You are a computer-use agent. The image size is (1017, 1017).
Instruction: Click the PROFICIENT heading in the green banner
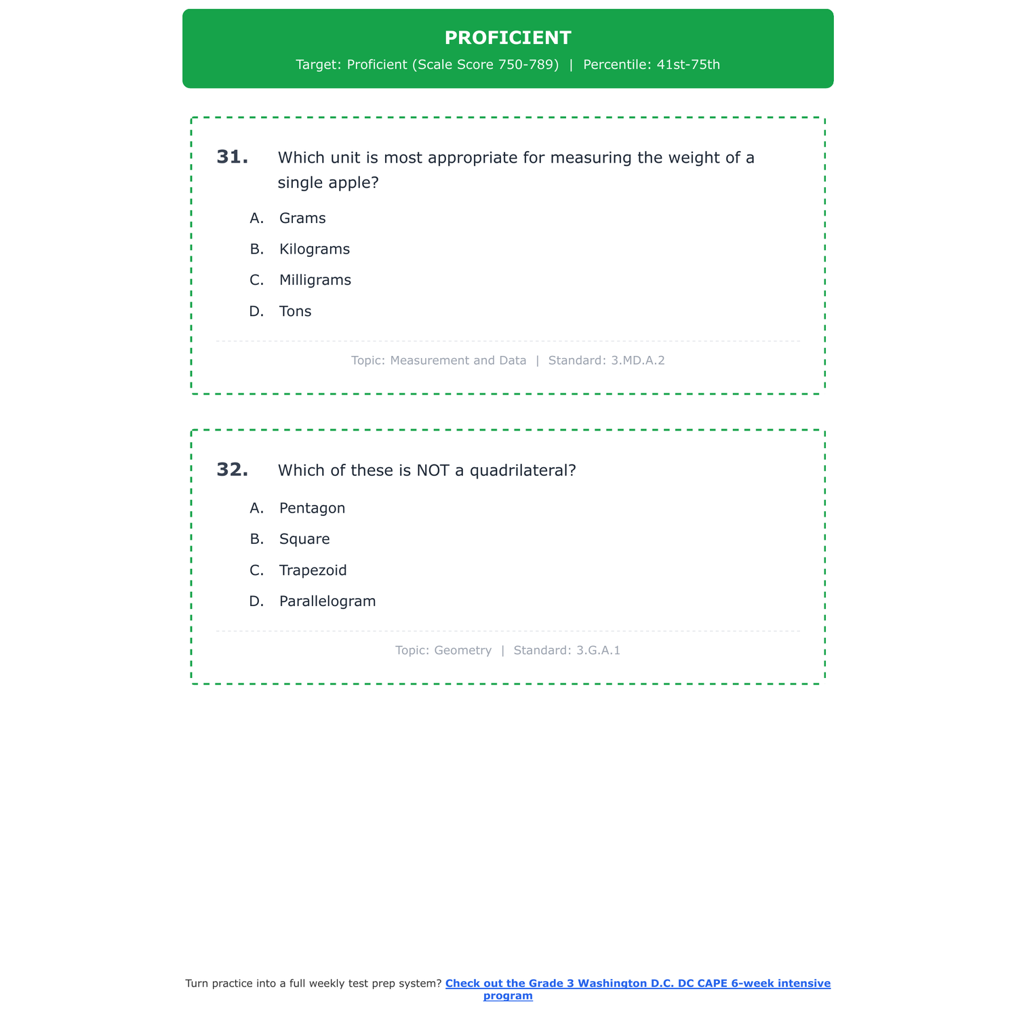(x=508, y=38)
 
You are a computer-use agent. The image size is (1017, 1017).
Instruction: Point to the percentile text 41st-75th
(x=688, y=65)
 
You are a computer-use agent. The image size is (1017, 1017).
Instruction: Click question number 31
(x=232, y=157)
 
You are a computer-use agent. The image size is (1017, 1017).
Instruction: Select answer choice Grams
(x=302, y=218)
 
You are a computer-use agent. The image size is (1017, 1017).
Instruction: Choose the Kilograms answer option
(x=315, y=250)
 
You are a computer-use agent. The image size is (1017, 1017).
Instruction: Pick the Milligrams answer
(x=315, y=280)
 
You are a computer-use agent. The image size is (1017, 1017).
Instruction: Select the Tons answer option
(x=295, y=312)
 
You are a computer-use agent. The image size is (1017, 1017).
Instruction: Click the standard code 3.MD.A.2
(x=637, y=361)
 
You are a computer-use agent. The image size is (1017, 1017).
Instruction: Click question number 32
(x=232, y=470)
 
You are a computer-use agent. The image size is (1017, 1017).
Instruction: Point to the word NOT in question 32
(x=433, y=471)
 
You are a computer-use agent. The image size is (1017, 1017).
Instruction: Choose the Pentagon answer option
(x=312, y=509)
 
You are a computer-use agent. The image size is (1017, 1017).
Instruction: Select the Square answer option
(x=304, y=540)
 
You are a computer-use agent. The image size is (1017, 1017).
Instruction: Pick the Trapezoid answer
(x=313, y=571)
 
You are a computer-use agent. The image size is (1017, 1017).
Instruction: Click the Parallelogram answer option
(x=327, y=601)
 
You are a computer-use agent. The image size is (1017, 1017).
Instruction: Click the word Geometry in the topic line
(x=462, y=651)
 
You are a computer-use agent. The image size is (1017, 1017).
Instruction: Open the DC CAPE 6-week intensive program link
(x=637, y=984)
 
